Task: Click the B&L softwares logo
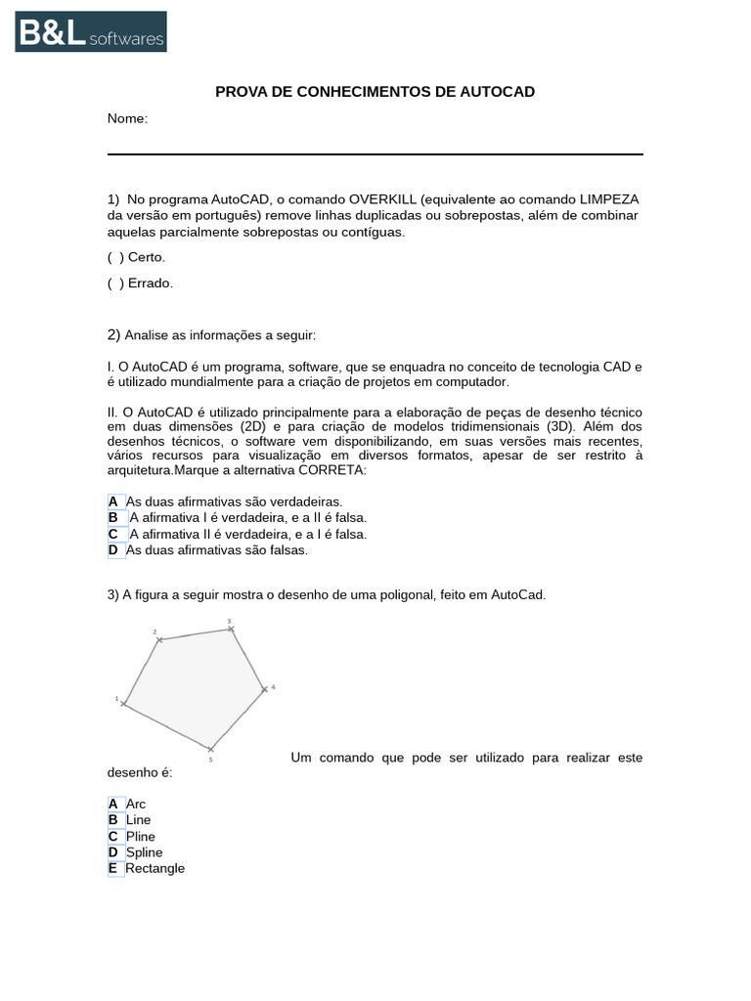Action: pyautogui.click(x=91, y=31)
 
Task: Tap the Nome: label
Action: pyautogui.click(x=127, y=119)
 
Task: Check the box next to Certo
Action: pyautogui.click(x=114, y=257)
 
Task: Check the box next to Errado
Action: pyautogui.click(x=114, y=283)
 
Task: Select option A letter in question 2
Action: pyautogui.click(x=113, y=501)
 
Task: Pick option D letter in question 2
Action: pyautogui.click(x=113, y=550)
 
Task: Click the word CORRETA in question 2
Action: pyautogui.click(x=331, y=470)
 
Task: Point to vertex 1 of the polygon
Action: pyautogui.click(x=123, y=703)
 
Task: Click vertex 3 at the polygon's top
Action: pyautogui.click(x=232, y=629)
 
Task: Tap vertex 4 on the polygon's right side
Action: pyautogui.click(x=264, y=689)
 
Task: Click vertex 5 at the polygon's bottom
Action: pyautogui.click(x=210, y=750)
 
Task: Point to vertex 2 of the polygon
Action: pyautogui.click(x=159, y=640)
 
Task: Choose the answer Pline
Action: pyautogui.click(x=140, y=837)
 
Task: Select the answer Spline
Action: pyautogui.click(x=144, y=852)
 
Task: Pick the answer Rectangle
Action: pyautogui.click(x=155, y=869)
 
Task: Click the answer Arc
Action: pyautogui.click(x=135, y=805)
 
